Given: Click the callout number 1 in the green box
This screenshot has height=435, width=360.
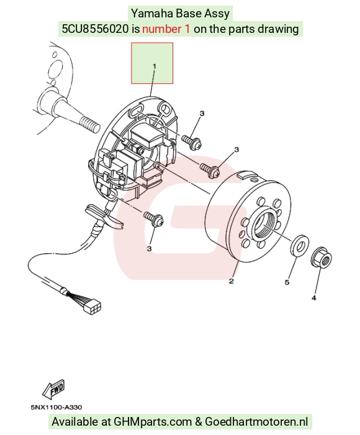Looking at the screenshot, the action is (x=155, y=66).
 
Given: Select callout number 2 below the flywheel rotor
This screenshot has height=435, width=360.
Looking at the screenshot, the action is (x=232, y=281).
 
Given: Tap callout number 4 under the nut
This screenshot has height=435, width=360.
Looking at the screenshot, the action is (x=314, y=298).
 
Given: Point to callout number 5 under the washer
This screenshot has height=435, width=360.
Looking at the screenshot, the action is (x=287, y=282).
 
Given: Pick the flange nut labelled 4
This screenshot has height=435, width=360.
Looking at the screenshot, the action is (x=321, y=257).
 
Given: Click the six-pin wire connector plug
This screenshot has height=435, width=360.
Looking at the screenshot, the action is (x=93, y=306).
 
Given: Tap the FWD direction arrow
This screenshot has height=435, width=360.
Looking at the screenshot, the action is (x=53, y=389).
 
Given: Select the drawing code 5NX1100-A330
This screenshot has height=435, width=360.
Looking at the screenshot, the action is (x=56, y=407).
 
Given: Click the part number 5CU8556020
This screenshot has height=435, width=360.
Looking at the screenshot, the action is (x=95, y=29).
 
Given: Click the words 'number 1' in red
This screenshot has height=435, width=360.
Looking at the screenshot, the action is (x=166, y=29).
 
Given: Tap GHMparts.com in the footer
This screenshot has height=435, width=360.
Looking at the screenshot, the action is (x=153, y=422).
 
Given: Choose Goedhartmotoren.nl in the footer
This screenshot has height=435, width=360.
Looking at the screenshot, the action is (x=256, y=422).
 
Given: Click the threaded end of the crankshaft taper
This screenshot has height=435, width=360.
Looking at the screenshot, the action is (x=89, y=124).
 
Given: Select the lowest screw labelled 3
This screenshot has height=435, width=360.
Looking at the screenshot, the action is (x=153, y=218).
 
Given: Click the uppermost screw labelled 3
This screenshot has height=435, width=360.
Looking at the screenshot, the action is (x=192, y=141).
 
